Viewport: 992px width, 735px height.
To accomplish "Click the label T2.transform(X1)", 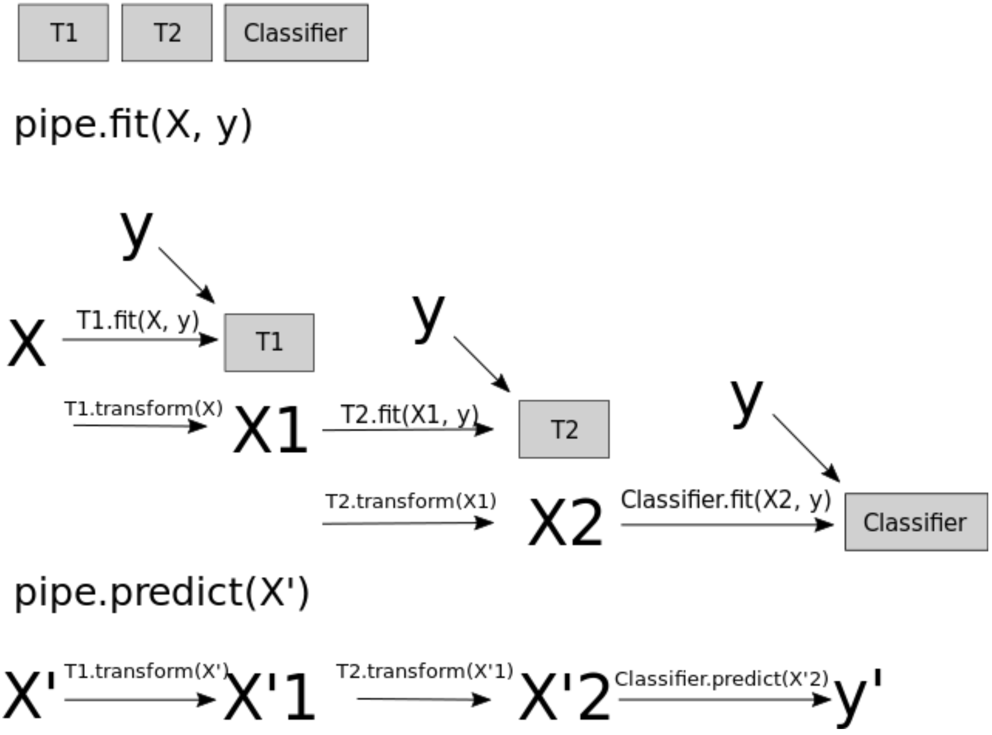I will pos(410,501).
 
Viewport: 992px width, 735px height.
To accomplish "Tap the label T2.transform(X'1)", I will pos(425,671).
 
